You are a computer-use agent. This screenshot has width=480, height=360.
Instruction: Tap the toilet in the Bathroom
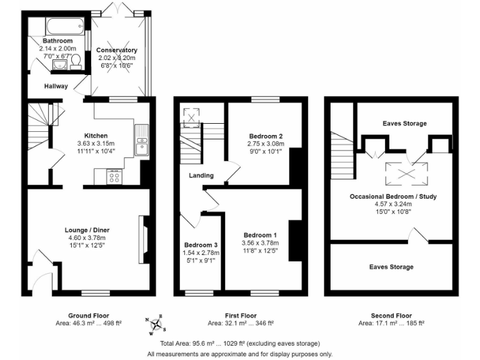tap(76, 61)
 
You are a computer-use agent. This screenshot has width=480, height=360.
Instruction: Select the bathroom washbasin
tap(59, 64)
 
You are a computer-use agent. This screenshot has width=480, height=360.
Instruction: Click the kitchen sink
tap(141, 139)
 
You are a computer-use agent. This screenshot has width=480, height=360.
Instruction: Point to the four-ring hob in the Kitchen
tap(115, 177)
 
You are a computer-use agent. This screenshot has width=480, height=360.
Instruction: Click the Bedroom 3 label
tap(201, 244)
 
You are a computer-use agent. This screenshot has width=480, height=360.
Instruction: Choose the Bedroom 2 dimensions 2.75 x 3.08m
tap(266, 143)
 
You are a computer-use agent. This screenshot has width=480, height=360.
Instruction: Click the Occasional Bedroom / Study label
tap(393, 196)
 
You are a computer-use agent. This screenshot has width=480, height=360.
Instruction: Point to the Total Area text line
tap(240, 344)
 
